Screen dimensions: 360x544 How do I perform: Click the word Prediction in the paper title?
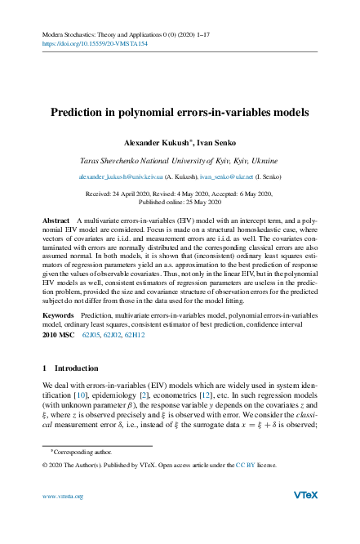click(x=78, y=113)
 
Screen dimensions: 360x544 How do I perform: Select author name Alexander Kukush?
click(x=158, y=142)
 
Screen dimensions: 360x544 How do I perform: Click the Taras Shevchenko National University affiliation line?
click(x=180, y=162)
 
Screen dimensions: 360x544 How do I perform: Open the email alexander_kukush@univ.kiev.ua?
click(x=120, y=176)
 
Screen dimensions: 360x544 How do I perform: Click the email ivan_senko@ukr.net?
click(x=230, y=176)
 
